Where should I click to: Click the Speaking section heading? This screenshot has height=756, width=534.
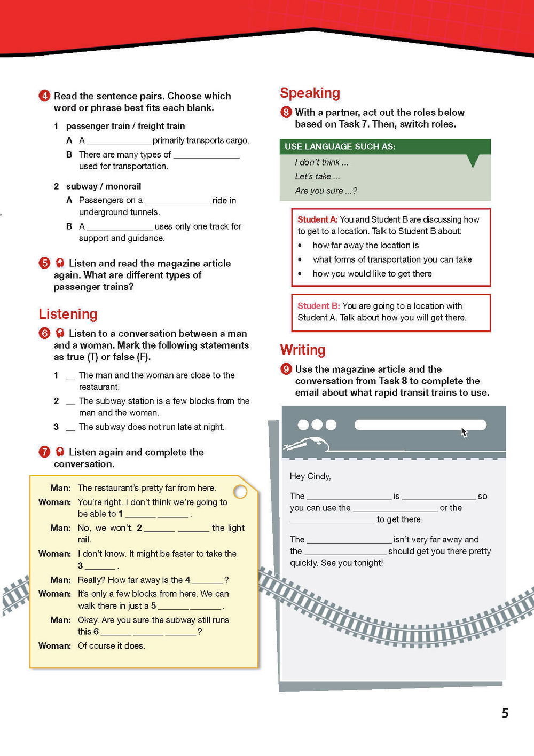click(x=310, y=93)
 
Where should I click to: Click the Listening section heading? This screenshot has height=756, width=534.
click(x=68, y=314)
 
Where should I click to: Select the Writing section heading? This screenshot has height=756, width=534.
click(x=302, y=350)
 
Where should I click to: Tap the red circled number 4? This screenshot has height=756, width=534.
click(x=44, y=96)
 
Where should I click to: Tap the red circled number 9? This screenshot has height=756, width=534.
click(x=286, y=369)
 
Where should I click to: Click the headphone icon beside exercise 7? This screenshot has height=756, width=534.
click(x=60, y=452)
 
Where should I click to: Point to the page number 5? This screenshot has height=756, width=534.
click(x=505, y=713)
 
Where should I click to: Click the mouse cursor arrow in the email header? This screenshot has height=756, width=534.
click(x=464, y=432)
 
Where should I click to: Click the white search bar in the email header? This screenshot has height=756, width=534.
click(x=420, y=425)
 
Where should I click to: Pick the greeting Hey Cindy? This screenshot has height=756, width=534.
click(x=310, y=476)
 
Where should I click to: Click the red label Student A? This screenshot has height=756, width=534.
click(x=317, y=219)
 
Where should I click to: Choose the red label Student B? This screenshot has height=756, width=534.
click(x=318, y=306)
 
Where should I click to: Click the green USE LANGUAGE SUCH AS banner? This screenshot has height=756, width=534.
click(x=384, y=147)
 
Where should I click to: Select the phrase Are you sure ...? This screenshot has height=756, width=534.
click(x=326, y=191)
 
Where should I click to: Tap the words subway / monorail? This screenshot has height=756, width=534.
click(x=104, y=186)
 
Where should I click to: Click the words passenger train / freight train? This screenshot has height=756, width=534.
click(x=125, y=126)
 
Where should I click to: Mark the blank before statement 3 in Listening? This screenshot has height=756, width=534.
click(x=70, y=428)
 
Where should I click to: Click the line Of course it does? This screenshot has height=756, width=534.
click(x=112, y=645)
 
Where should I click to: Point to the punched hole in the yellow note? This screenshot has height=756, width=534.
click(x=240, y=492)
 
